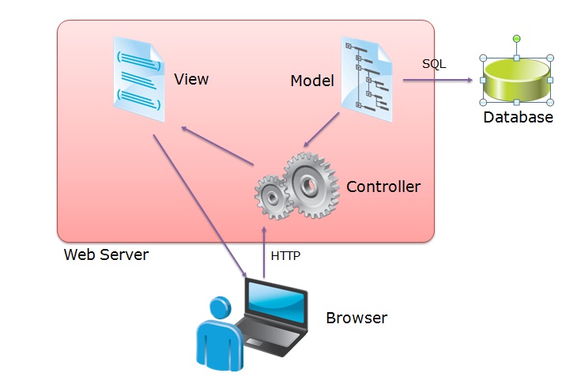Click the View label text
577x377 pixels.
191,79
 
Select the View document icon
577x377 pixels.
139,79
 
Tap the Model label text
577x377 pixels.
312,81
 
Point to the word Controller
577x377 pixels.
383,187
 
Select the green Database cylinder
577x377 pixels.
516,79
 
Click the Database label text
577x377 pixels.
518,118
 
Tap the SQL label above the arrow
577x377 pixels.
434,64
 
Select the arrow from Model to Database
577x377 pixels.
436,80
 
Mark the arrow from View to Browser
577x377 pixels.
198,205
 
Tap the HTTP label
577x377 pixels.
285,256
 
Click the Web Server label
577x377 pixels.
106,254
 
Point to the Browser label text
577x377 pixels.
356,319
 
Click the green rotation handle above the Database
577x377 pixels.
516,38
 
